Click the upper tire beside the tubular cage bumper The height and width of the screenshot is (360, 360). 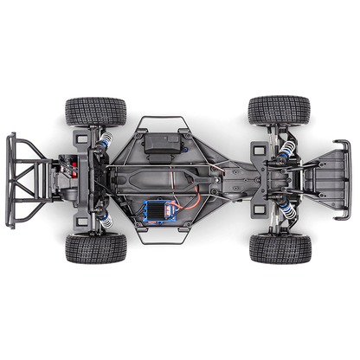(94, 112)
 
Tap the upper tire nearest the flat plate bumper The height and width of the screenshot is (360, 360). (279, 111)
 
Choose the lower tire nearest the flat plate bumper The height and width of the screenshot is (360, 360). (280, 247)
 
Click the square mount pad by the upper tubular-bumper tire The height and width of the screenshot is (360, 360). (80, 137)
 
